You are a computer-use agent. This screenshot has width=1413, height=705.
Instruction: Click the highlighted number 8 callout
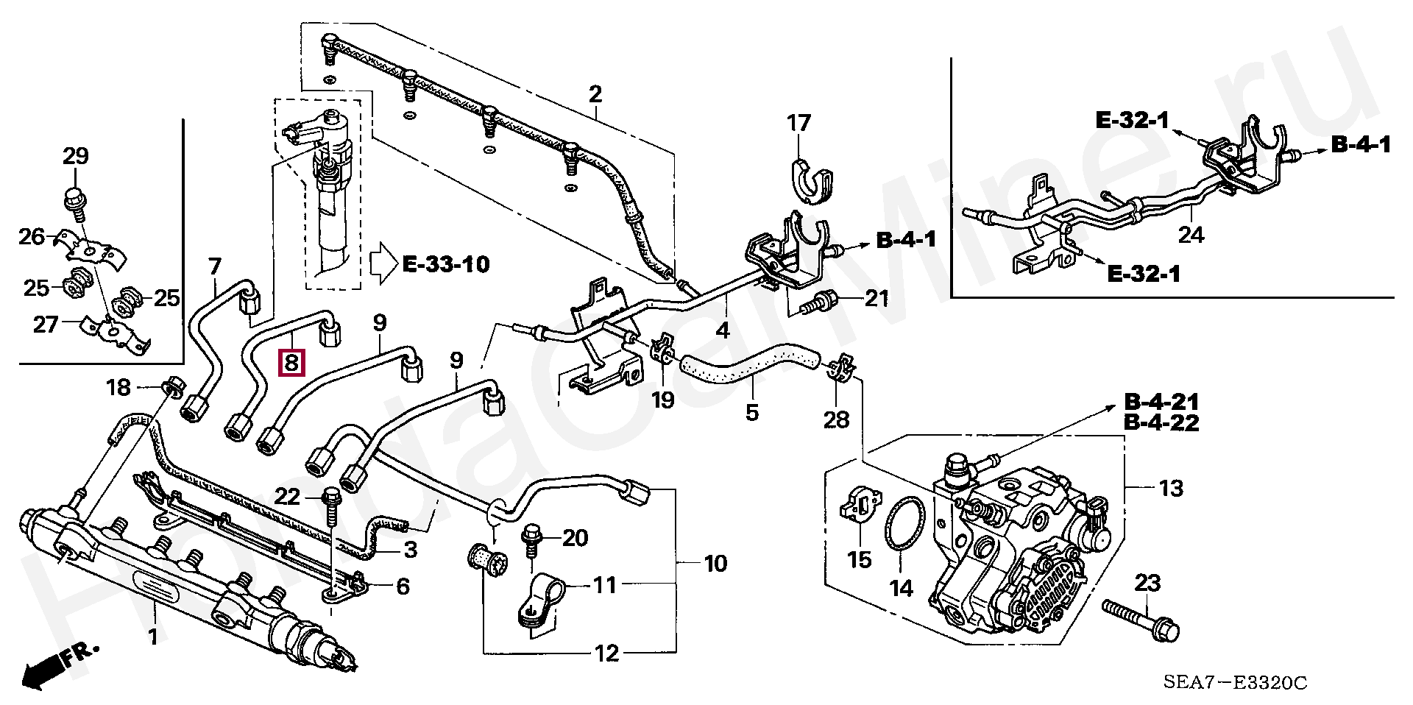click(x=291, y=362)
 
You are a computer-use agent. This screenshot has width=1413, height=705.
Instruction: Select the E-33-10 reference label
click(x=446, y=263)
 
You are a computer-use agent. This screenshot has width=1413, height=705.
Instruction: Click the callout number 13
click(x=1171, y=489)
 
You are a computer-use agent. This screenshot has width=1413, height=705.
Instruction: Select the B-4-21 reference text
click(x=1161, y=403)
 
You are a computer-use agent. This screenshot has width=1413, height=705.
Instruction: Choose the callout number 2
click(x=595, y=94)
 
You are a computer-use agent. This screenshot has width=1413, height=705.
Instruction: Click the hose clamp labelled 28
click(x=840, y=368)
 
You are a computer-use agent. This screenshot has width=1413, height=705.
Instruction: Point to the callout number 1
click(x=154, y=637)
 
